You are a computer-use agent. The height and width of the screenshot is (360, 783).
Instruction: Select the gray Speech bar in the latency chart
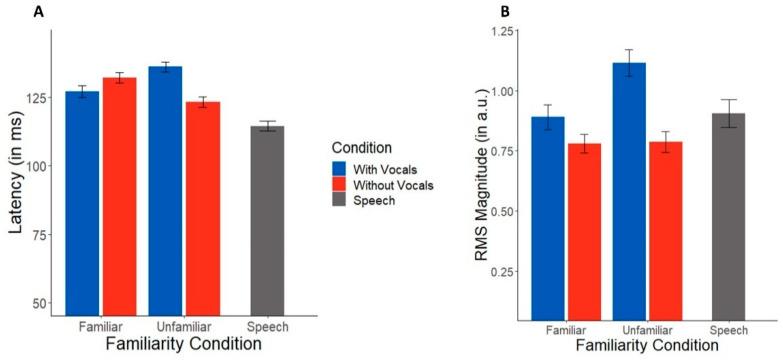(x=268, y=220)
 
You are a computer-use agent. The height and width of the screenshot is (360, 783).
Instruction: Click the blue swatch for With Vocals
(x=341, y=170)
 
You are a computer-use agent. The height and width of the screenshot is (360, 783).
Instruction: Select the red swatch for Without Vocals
(x=341, y=187)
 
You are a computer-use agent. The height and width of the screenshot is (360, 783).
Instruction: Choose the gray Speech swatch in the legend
(x=341, y=204)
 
